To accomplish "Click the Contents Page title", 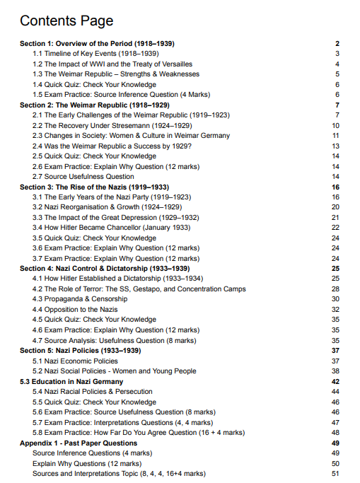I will pos(66,21).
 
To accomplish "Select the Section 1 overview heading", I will pos(97,44).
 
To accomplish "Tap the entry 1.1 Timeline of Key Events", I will pos(95,54).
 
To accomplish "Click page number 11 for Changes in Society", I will pos(336,135).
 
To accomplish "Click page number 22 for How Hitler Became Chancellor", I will pos(336,228).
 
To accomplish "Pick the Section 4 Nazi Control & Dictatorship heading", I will pos(104,269).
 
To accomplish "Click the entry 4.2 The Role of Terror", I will pos(139,289).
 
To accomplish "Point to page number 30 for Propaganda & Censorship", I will pos(336,299).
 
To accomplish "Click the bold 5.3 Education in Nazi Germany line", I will pos(71,381).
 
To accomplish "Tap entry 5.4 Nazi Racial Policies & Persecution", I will pos(93,391).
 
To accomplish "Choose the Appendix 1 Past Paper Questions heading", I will pos(79,443).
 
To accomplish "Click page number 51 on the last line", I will pos(336,473).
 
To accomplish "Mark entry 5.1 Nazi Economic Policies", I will pos(76,361).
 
